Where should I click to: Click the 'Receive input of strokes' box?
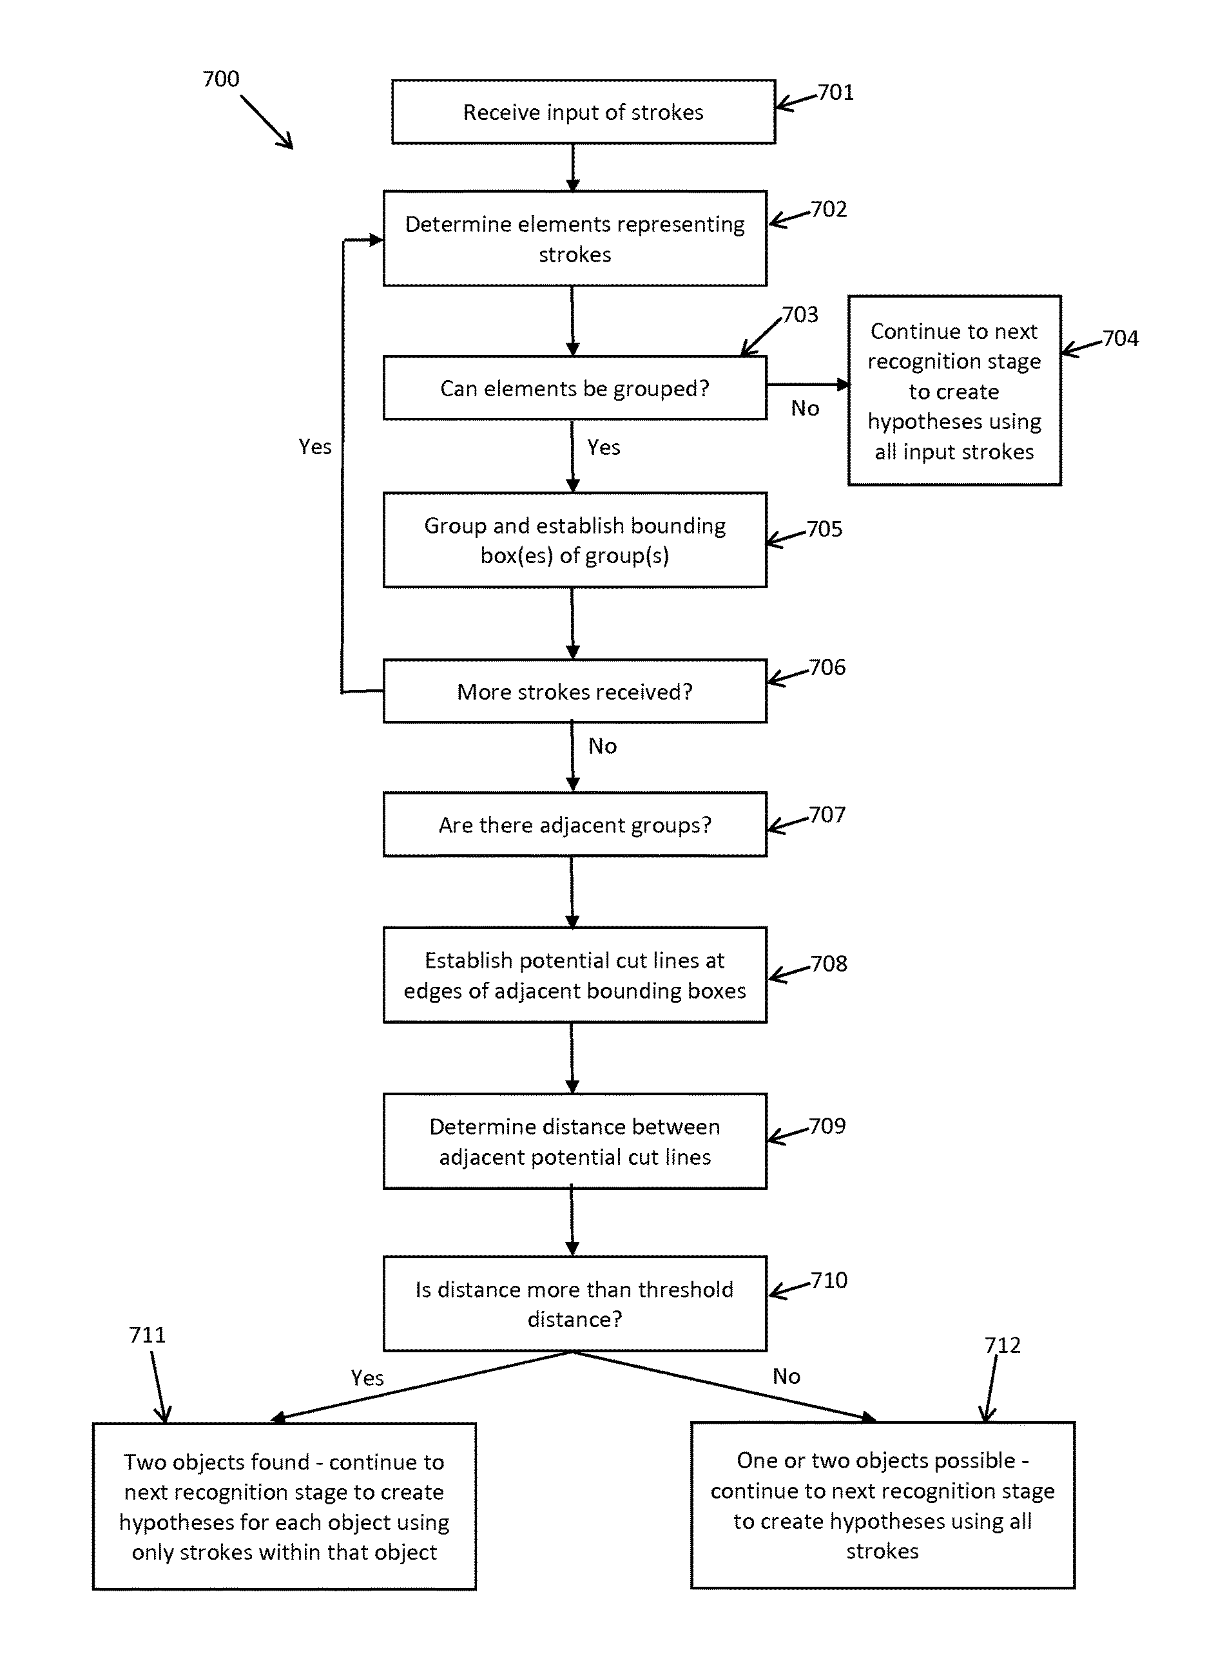(x=583, y=111)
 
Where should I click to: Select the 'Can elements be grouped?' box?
(x=574, y=388)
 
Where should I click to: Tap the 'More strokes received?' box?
(x=574, y=691)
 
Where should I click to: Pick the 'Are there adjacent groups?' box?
(x=574, y=824)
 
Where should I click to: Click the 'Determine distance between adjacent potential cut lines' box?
(x=574, y=1141)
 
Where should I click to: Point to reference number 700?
(x=220, y=79)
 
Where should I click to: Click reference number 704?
(x=1120, y=338)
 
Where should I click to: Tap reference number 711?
(x=147, y=1335)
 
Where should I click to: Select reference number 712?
(x=1002, y=1345)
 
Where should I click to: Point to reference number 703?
(x=800, y=314)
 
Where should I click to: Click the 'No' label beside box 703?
(x=805, y=408)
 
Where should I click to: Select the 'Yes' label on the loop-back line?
(x=315, y=446)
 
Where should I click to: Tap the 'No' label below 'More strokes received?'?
(x=603, y=746)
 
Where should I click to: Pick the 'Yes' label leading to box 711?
(x=367, y=1378)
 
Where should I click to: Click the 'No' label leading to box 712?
(x=786, y=1377)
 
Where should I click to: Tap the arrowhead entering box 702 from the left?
(x=376, y=240)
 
